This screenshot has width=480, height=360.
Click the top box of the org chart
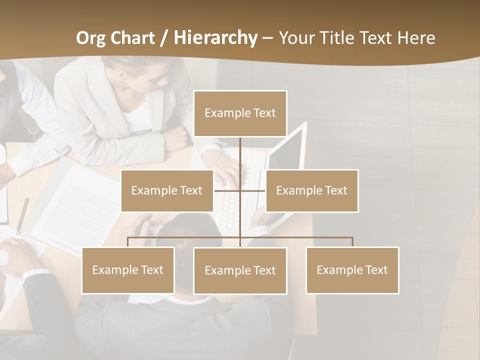[x=240, y=113]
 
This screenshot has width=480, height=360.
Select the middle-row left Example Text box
[x=167, y=190]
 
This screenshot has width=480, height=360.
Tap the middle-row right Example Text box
[x=311, y=190]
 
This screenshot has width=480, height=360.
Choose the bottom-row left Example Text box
[x=128, y=270]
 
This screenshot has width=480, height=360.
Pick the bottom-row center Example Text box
[x=240, y=270]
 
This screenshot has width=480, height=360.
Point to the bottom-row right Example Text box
[x=352, y=270]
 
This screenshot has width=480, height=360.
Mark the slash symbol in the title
[x=164, y=38]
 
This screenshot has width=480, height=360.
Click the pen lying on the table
[x=22, y=215]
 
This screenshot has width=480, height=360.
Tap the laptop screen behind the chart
[x=287, y=155]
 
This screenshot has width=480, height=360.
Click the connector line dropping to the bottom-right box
[x=352, y=242]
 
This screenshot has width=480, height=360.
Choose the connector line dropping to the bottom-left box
[x=128, y=242]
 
